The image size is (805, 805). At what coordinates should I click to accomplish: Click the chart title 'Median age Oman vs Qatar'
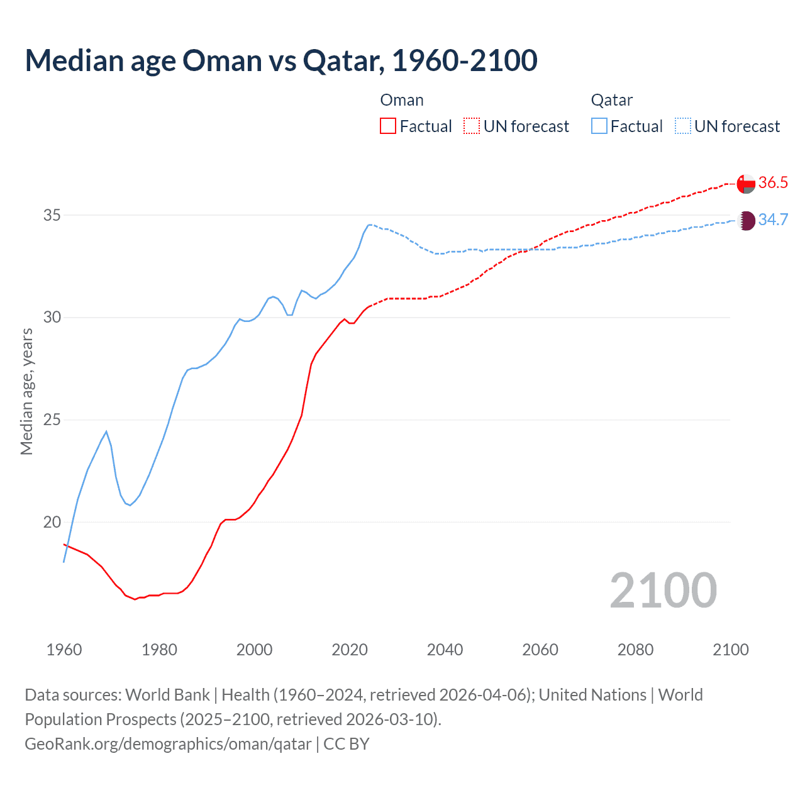[x=280, y=60]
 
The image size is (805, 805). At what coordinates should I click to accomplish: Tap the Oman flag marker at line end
[x=746, y=183]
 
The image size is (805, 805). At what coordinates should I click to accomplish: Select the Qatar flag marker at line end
[x=746, y=220]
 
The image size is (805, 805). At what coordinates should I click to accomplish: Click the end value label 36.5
[x=773, y=183]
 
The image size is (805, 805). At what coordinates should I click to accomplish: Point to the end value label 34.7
[x=773, y=220]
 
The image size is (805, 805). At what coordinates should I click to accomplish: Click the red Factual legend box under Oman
[x=388, y=126]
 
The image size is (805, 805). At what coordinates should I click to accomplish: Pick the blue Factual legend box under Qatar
[x=599, y=126]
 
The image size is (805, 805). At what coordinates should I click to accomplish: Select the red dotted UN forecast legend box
[x=472, y=126]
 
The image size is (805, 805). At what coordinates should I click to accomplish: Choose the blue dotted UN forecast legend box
[x=683, y=126]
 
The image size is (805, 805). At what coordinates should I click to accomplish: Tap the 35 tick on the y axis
[x=52, y=215]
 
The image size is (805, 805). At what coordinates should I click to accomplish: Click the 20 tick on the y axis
[x=52, y=522]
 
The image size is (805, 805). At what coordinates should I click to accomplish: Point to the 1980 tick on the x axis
[x=159, y=650]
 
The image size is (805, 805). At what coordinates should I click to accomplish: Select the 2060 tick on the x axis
[x=540, y=650]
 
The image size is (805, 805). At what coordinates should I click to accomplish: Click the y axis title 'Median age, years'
[x=26, y=391]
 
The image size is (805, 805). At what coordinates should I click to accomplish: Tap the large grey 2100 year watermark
[x=663, y=590]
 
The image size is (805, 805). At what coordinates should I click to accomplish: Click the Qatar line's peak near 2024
[x=369, y=225]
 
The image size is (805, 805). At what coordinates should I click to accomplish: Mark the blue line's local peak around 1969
[x=106, y=431]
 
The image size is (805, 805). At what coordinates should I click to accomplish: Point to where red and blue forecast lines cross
[x=530, y=249]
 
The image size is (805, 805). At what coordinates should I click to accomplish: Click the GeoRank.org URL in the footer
[x=168, y=744]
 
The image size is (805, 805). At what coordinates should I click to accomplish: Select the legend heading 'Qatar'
[x=611, y=100]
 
